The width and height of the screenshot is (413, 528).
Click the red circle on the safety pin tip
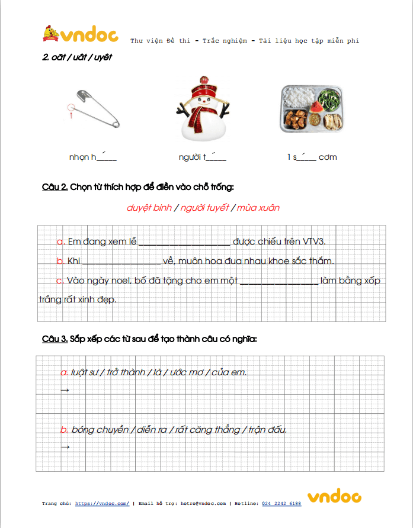[x=71, y=108]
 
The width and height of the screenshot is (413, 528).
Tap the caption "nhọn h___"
[x=92, y=157]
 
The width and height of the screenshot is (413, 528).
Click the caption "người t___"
[x=202, y=157]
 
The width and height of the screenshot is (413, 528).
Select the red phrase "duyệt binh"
[x=149, y=208]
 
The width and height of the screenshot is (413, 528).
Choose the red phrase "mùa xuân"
[x=259, y=208]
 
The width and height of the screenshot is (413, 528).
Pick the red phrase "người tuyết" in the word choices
[x=204, y=208]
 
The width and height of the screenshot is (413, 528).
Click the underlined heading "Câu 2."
[x=55, y=187]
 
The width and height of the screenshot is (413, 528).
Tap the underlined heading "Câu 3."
[x=55, y=339]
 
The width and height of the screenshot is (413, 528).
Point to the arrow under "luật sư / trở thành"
[x=65, y=390]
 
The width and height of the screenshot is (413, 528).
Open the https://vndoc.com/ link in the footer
[x=102, y=503]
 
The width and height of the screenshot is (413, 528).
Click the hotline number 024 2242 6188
[x=281, y=503]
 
